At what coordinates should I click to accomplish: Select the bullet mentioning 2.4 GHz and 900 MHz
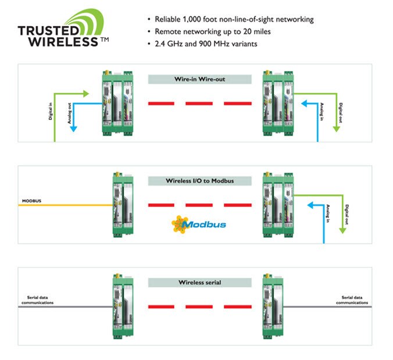198,44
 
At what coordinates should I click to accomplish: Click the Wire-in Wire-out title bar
199,79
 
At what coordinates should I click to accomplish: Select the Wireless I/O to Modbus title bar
199,181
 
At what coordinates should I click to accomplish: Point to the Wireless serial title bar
199,282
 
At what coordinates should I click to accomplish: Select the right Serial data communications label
352,300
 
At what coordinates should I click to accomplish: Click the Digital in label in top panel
50,110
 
